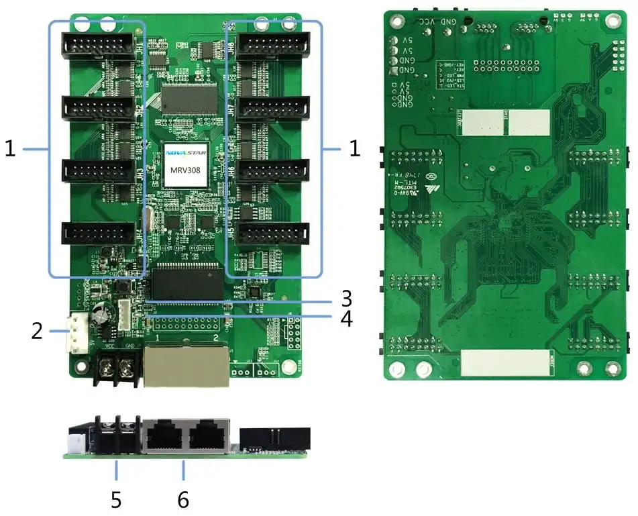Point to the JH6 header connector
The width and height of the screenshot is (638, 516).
point(273,170)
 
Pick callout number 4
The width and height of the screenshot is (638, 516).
point(346,319)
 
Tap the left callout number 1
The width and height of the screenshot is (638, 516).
point(10,149)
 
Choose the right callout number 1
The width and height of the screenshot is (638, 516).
point(355,149)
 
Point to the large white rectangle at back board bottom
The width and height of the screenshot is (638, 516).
point(505,362)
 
